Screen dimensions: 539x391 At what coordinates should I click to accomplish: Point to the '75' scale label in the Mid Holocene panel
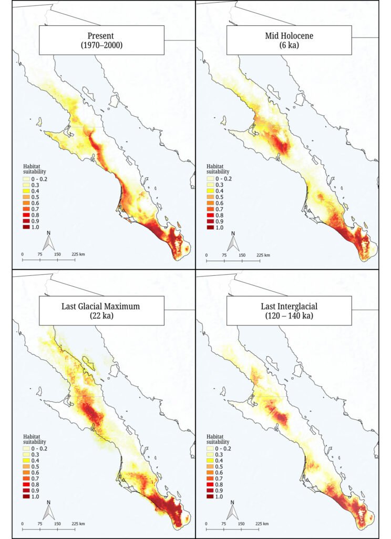[x=224, y=254]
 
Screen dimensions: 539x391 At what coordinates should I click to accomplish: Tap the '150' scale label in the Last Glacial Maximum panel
[x=57, y=524]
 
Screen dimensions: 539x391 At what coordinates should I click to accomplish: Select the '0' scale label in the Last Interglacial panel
[x=206, y=524]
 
